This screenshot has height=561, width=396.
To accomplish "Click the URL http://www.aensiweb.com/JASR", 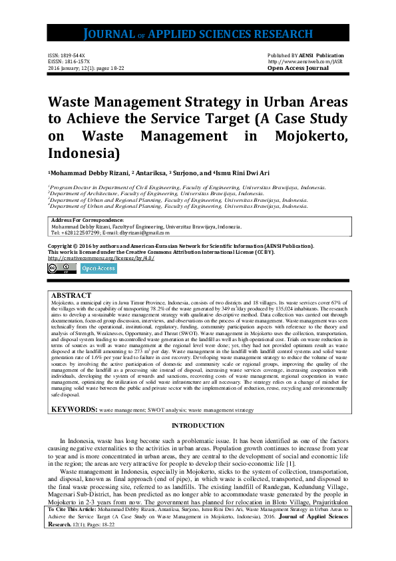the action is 304,62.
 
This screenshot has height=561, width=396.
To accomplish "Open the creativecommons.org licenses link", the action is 101,258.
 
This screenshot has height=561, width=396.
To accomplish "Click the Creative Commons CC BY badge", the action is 62,269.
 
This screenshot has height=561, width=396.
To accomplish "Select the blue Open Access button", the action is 99,269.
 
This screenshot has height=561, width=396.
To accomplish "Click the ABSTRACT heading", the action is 71,294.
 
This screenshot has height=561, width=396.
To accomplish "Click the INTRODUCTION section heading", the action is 198,426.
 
